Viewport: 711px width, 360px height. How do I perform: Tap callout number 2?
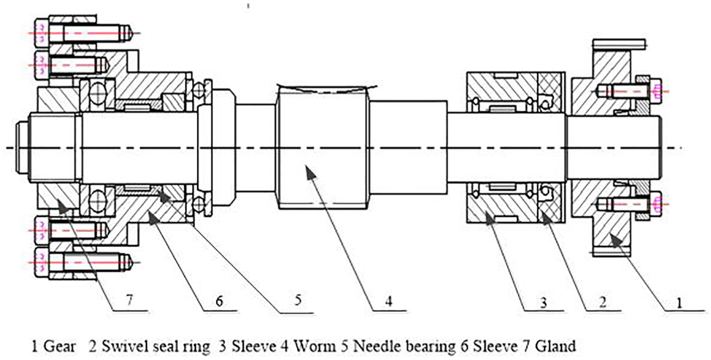pyautogui.click(x=602, y=302)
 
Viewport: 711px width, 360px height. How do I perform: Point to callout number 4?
pyautogui.click(x=389, y=301)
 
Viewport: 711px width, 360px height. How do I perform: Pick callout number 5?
pyautogui.click(x=297, y=300)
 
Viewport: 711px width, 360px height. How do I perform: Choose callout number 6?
pyautogui.click(x=219, y=301)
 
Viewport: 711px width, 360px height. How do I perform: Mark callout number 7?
pyautogui.click(x=129, y=300)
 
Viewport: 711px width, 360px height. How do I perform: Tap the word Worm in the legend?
pyautogui.click(x=314, y=346)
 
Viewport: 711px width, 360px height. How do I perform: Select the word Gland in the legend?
pyautogui.click(x=556, y=346)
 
